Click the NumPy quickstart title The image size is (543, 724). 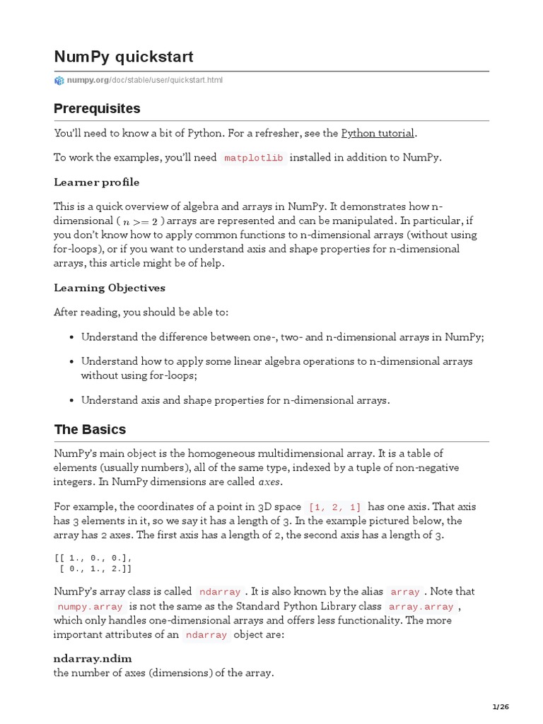point(124,57)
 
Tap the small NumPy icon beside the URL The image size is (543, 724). point(59,81)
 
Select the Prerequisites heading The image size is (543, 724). point(97,109)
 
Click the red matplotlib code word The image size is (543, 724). point(254,158)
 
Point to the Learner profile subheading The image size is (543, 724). point(97,182)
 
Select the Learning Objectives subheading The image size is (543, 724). point(110,288)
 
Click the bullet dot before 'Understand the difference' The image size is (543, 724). point(72,338)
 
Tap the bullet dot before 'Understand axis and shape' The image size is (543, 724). point(72,400)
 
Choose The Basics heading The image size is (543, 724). point(90,429)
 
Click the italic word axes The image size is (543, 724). point(269,482)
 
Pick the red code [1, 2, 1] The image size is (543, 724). point(334,507)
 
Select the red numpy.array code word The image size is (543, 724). point(90,607)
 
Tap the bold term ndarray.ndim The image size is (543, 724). point(93,658)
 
